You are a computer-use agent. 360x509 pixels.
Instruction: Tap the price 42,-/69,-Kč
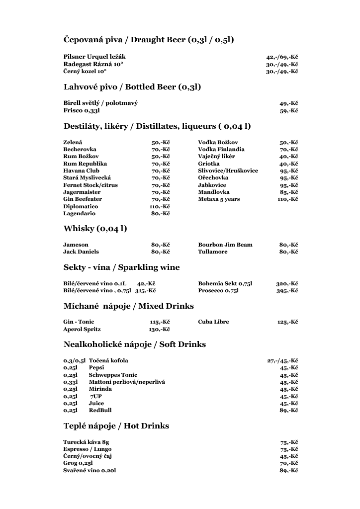pos(282,57)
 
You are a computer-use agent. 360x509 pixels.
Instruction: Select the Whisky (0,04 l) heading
pos(95,229)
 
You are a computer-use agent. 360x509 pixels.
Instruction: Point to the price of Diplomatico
pos(160,206)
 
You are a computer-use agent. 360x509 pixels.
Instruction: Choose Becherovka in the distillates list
pos(80,149)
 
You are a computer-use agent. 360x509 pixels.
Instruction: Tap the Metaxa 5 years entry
pos(219,199)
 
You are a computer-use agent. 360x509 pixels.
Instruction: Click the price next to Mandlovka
pos(288,192)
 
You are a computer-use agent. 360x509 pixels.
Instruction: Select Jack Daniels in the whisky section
pos(81,252)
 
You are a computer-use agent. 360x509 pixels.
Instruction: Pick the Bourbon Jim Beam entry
pos(225,245)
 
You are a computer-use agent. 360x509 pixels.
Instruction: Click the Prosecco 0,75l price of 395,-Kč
pos(287,291)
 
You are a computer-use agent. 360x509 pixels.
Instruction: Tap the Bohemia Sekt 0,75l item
pos(225,283)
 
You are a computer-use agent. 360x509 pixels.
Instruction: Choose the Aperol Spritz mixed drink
pos(82,329)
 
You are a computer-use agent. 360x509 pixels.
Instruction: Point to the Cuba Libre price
pos(287,322)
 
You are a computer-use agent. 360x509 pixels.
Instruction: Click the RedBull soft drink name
pos(100,410)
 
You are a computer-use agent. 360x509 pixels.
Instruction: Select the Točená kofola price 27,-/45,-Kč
pos(282,360)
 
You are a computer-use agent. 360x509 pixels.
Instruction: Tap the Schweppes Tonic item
pos(113,375)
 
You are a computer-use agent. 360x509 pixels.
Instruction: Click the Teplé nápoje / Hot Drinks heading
pos(116,426)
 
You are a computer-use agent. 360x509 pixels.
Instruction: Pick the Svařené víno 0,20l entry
pos(90,470)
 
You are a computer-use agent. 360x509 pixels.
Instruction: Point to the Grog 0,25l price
pos(288,463)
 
